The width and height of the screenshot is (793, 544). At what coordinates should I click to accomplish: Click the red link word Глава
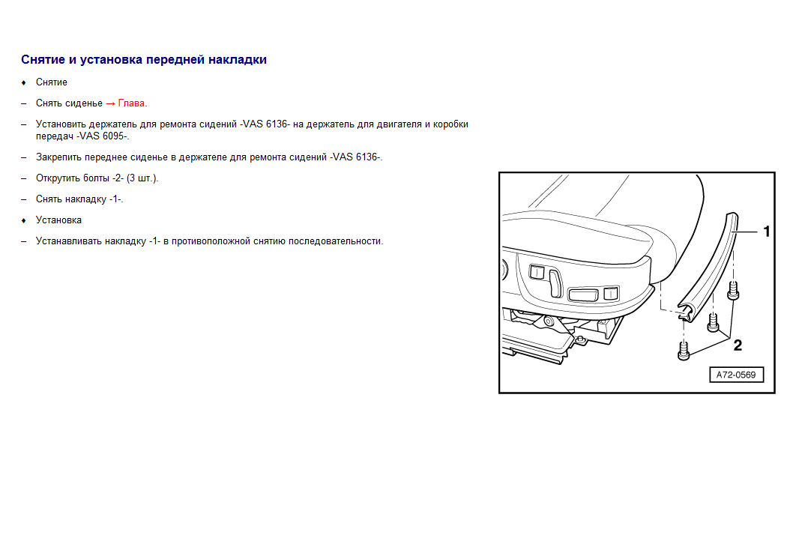131,103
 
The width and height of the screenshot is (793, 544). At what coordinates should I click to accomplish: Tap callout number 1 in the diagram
766,232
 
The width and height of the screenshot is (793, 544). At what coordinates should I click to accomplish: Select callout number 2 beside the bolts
738,345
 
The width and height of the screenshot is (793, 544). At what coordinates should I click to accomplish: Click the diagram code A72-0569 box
736,375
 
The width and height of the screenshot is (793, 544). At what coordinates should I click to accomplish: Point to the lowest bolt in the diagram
684,351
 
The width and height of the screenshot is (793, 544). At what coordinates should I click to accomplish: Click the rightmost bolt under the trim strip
733,291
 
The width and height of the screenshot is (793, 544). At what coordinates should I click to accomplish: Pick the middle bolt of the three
713,322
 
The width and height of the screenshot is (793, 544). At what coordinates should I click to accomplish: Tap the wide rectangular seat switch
584,294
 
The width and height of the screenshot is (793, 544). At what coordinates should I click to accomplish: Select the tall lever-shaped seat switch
555,283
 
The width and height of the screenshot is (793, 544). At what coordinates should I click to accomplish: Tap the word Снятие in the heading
43,60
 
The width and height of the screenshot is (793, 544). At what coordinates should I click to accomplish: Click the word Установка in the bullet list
58,220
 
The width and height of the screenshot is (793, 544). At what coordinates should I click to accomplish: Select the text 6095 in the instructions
113,136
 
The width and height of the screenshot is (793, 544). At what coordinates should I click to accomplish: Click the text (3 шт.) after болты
142,178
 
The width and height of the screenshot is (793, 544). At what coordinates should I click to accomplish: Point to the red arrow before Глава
110,103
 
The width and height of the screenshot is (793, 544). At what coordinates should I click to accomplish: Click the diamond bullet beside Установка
24,220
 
